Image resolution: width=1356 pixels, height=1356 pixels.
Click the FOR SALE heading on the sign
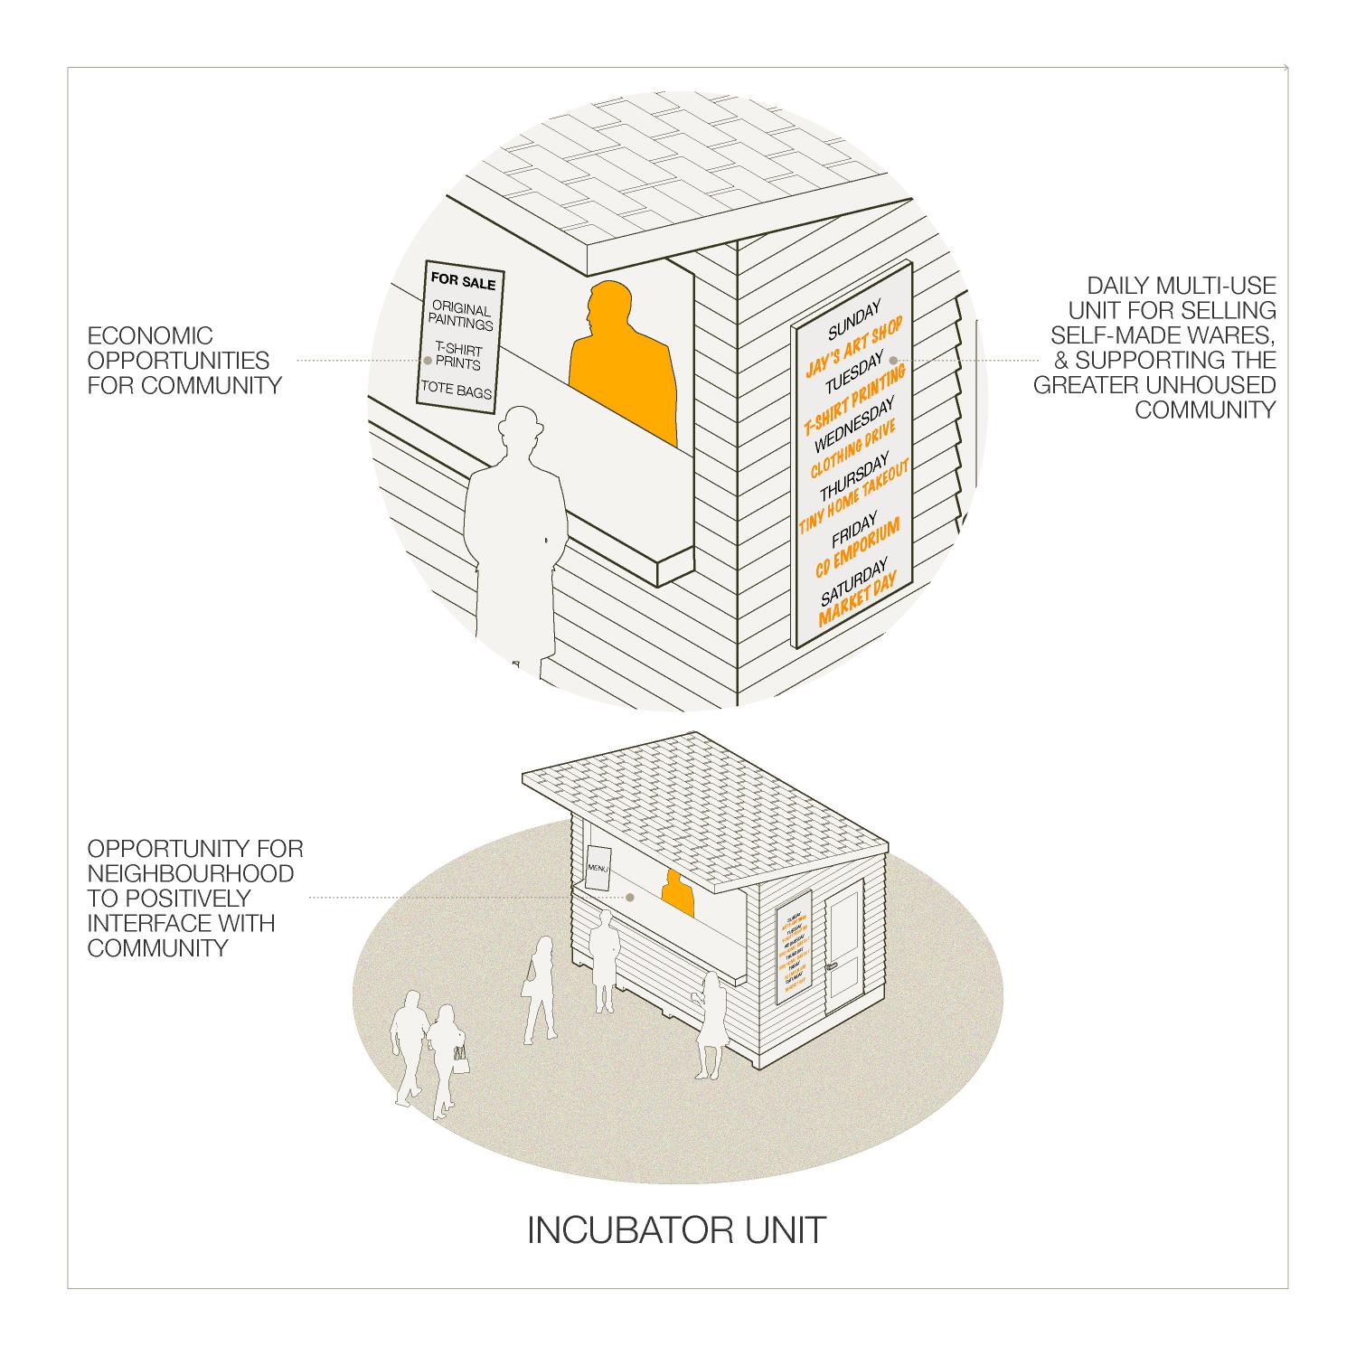coord(463,283)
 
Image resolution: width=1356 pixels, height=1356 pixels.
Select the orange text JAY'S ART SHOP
coord(853,345)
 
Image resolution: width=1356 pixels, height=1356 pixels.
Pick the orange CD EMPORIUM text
coord(858,549)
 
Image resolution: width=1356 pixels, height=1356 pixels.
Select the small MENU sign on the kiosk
coord(598,869)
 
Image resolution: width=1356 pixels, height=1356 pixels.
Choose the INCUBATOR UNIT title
coord(676,1229)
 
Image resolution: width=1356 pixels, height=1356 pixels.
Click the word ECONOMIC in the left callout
coord(150,336)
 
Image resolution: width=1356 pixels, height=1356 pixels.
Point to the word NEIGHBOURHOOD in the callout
coord(190,874)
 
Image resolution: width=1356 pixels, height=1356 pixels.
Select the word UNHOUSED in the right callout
coord(1213,385)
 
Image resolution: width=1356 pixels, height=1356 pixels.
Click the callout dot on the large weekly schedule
coord(893,360)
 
